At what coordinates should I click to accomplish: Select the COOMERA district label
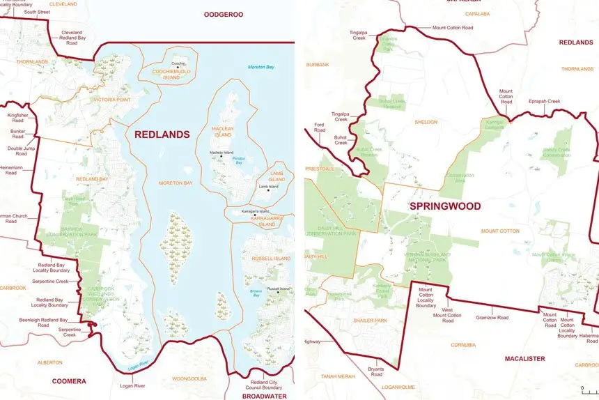(x=69, y=381)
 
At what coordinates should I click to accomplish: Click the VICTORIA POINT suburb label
(x=112, y=100)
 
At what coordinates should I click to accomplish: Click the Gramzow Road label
(x=492, y=318)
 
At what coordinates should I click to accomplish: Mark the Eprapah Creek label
(x=544, y=101)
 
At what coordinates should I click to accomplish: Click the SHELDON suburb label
(x=426, y=122)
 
